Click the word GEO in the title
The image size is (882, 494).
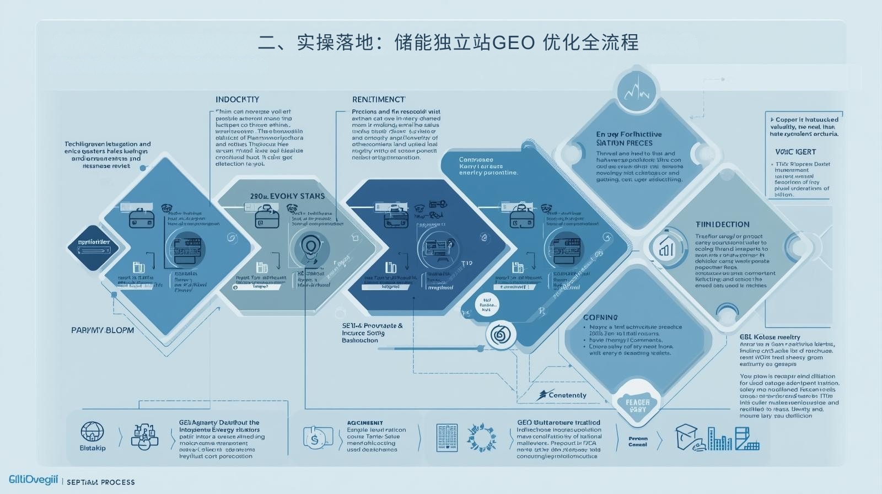coord(512,42)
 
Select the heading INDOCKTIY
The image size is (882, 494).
coord(237,100)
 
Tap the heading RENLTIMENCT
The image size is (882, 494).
coord(379,100)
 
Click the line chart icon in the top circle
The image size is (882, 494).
coord(637,91)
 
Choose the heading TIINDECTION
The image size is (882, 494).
coord(722,224)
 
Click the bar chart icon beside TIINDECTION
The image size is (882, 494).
coord(665,248)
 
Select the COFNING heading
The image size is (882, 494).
coord(600,318)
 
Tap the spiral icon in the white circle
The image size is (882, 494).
coord(501,335)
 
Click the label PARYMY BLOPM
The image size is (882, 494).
coord(103,330)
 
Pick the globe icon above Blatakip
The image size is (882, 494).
coord(92,431)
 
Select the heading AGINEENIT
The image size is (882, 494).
coord(365,423)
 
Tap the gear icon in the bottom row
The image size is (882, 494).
coord(481,438)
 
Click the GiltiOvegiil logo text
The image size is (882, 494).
coord(33,480)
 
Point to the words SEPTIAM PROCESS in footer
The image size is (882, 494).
coord(101,482)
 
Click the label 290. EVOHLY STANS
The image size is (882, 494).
coord(287,196)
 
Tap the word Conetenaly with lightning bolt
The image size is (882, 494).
coord(562,395)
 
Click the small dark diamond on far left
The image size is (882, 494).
coord(94,247)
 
